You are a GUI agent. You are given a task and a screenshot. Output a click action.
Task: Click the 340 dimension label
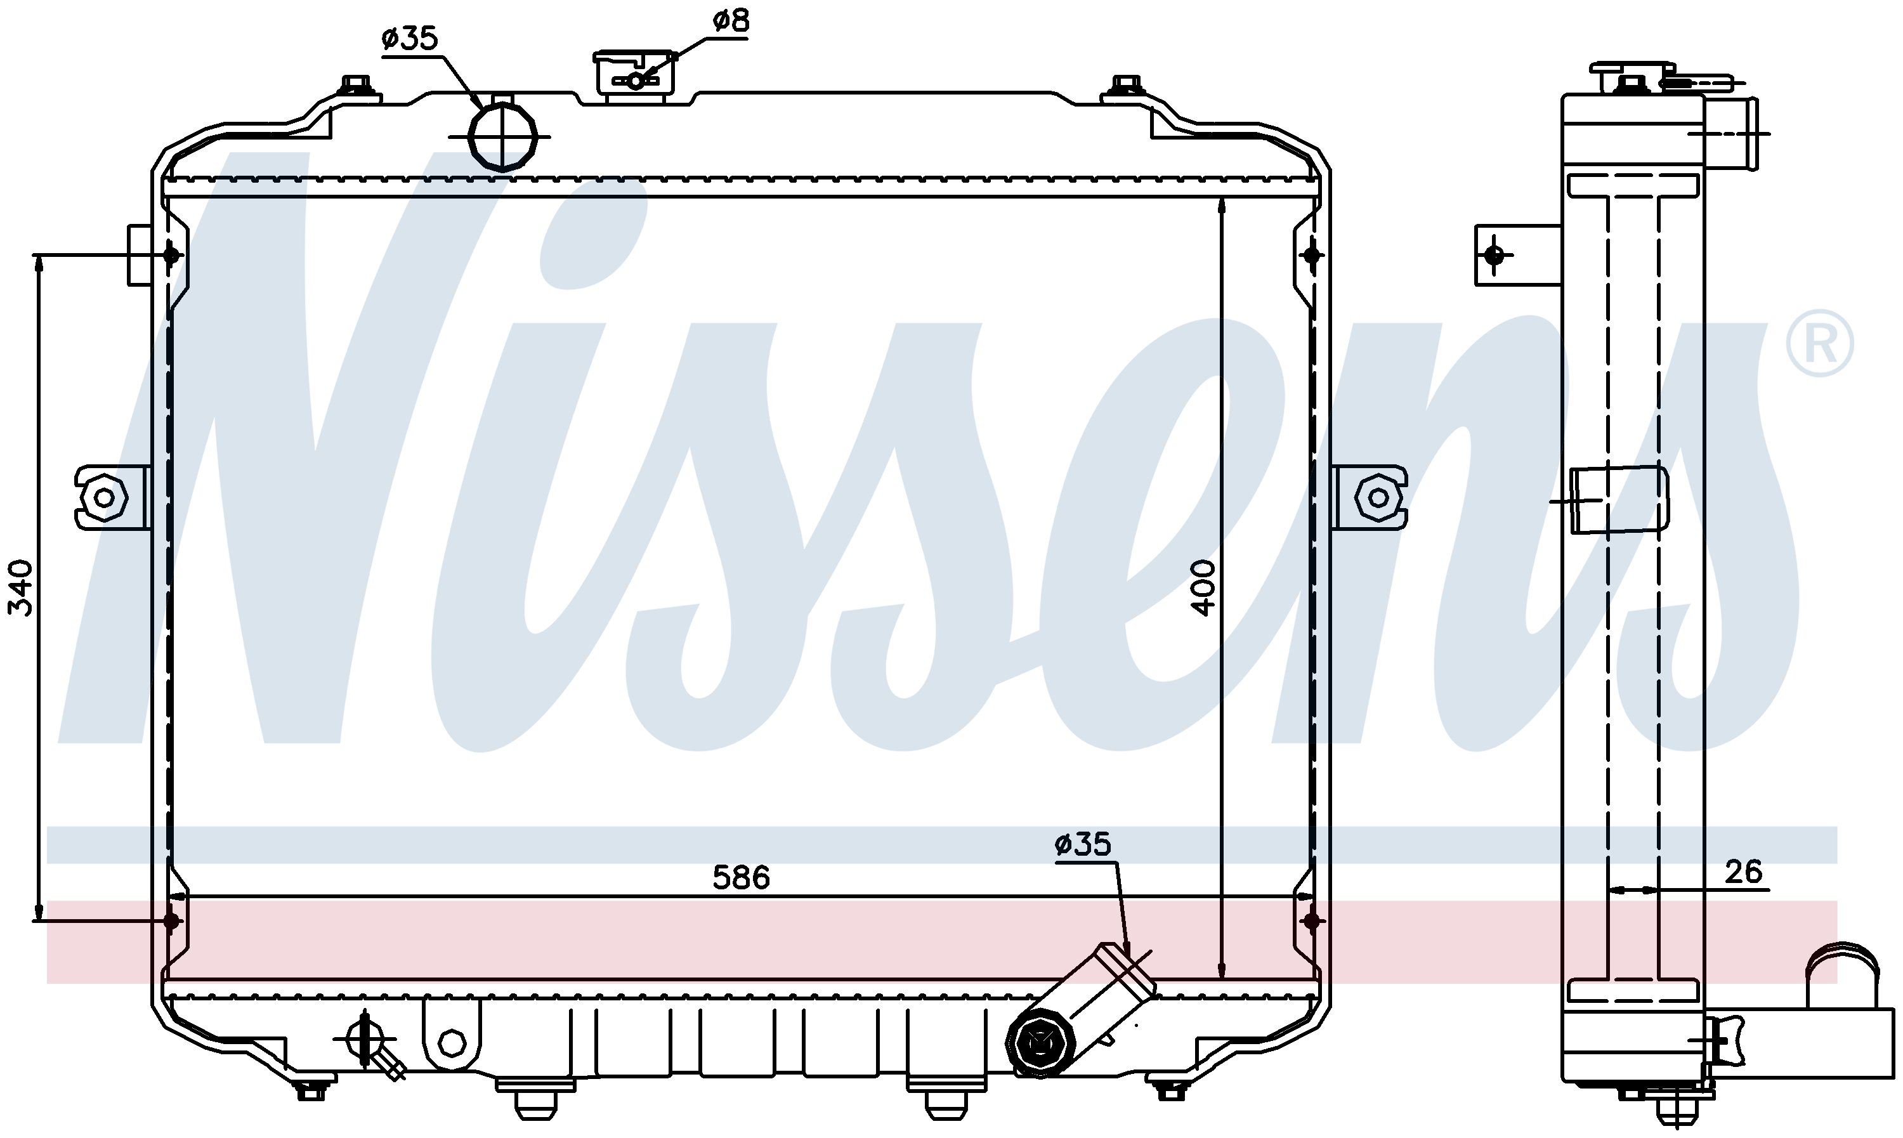click(x=21, y=588)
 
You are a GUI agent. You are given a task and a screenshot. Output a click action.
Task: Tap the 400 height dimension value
click(x=1204, y=588)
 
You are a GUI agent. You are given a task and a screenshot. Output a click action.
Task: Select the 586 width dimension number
click(x=741, y=878)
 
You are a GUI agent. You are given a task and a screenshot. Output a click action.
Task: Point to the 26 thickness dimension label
click(x=1744, y=872)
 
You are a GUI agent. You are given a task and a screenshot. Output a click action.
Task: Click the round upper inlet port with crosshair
click(x=502, y=136)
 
